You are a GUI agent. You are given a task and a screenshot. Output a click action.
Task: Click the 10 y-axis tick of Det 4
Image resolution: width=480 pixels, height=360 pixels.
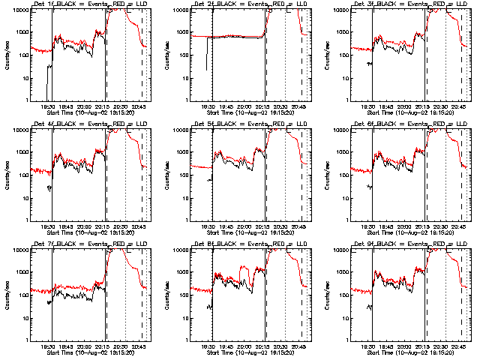(x=28, y=198)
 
